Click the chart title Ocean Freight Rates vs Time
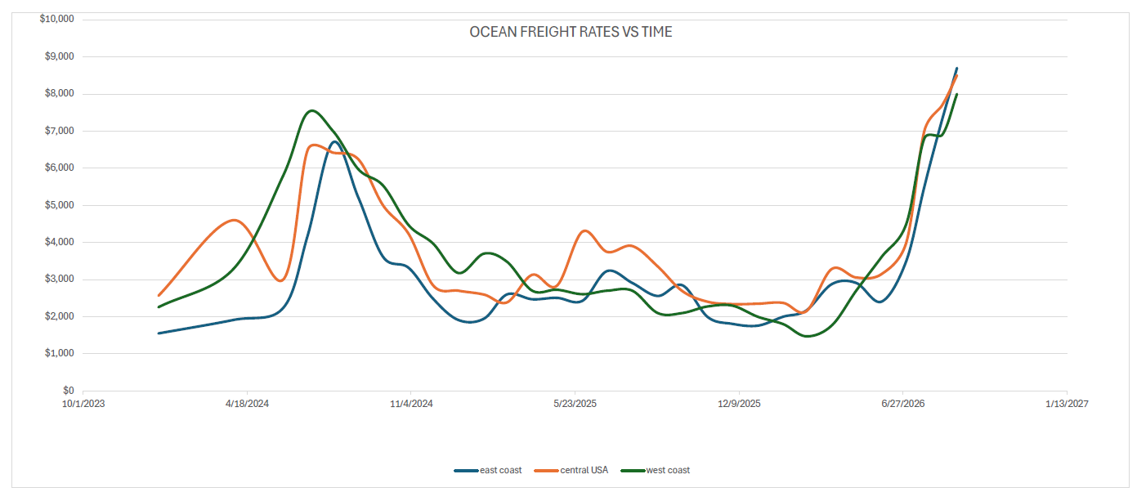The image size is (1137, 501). (571, 32)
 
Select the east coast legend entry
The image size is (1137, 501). (488, 471)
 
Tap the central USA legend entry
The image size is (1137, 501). (571, 471)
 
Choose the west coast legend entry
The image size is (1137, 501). (656, 471)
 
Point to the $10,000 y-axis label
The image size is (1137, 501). (57, 19)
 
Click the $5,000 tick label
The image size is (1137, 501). (60, 205)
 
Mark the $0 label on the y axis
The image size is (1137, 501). (69, 391)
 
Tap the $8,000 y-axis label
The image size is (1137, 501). (60, 93)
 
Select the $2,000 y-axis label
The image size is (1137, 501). (60, 316)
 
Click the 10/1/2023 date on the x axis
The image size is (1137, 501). (83, 404)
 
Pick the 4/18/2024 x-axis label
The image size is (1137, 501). (247, 404)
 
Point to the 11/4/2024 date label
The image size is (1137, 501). (411, 404)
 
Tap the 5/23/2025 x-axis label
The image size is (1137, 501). (575, 404)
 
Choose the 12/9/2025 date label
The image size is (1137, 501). (739, 404)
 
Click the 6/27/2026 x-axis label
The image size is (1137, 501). (903, 404)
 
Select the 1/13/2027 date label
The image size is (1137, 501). (1067, 404)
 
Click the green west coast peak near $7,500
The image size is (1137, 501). (311, 110)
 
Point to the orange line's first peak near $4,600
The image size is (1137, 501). (234, 220)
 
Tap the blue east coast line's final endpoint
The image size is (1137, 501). (957, 68)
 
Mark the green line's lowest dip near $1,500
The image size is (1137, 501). (807, 336)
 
